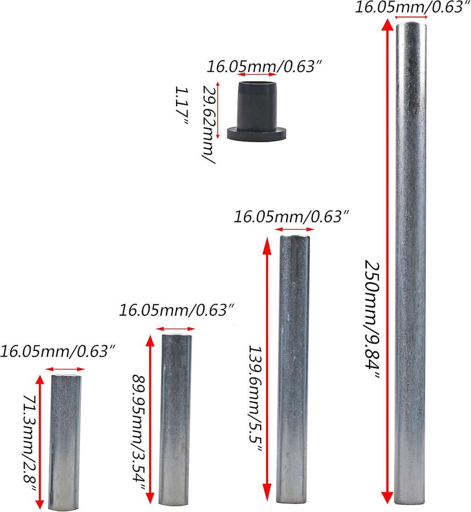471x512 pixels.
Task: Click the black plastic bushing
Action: (x=257, y=111)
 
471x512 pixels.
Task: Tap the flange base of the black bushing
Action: (x=257, y=134)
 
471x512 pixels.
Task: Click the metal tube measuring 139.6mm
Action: (x=293, y=369)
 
